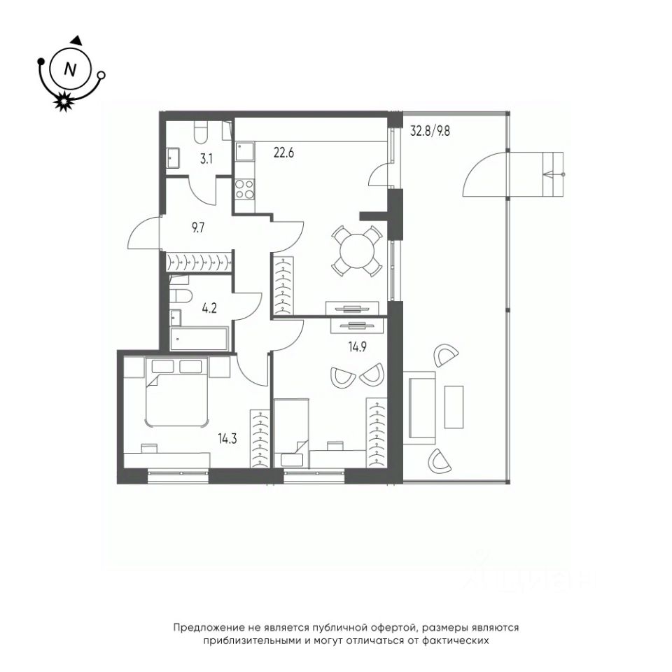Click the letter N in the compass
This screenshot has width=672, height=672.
point(70,69)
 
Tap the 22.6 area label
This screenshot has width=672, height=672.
point(283,153)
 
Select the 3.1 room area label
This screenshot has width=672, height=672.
point(206,160)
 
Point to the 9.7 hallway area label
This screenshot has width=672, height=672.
point(198,227)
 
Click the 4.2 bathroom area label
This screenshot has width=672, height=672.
point(209,308)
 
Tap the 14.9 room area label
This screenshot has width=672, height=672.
point(357,346)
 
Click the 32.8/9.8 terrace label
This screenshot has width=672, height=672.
point(430,131)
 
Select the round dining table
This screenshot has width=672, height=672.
point(356,251)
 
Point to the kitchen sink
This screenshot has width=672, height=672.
point(244,152)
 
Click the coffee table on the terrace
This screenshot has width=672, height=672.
point(454,407)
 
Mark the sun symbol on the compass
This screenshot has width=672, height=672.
point(64,101)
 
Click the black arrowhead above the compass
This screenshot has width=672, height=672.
point(76,40)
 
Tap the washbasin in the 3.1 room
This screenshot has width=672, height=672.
point(173,157)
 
